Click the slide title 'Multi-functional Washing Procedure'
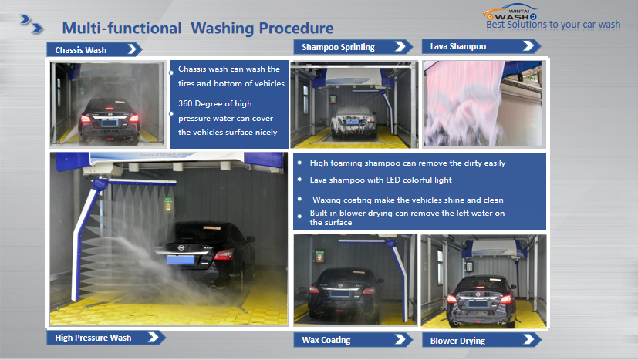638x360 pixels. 197,29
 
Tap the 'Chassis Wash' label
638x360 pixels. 81,50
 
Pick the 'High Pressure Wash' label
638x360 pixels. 93,338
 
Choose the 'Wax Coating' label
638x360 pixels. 326,340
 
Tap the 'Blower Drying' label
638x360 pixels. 458,340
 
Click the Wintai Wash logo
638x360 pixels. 514,12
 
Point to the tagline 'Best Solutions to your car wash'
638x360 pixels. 553,25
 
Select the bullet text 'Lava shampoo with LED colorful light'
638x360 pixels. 382,179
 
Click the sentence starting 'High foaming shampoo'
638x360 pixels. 407,163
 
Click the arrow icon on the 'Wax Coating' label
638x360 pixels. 401,340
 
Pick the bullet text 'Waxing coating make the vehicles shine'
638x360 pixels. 407,200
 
